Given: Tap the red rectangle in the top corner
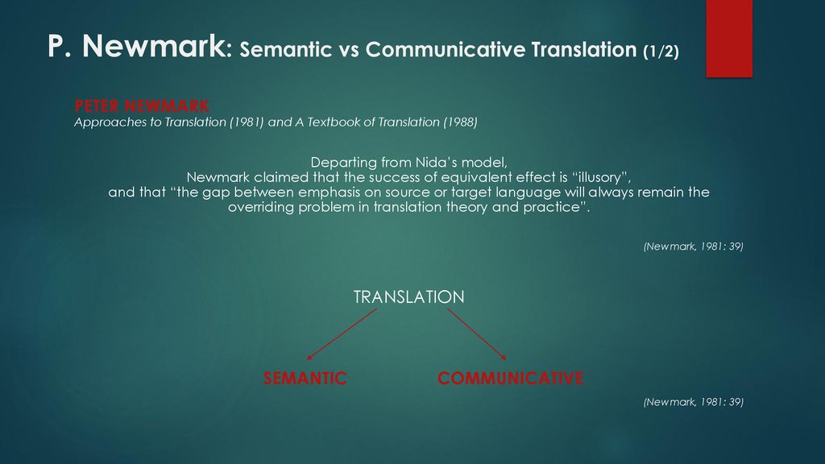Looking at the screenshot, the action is click(729, 39).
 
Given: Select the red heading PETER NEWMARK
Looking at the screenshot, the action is click(142, 106).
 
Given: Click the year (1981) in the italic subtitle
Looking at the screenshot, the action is click(247, 122).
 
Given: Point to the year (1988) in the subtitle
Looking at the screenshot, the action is click(460, 122).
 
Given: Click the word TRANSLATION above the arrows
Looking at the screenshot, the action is click(408, 297).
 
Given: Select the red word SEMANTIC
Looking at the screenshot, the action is click(305, 379).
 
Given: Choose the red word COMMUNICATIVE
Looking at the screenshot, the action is click(510, 379).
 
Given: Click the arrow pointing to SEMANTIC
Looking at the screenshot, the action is click(342, 334).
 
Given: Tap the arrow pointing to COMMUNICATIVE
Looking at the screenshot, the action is click(477, 334).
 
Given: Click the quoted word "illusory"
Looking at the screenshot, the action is click(601, 177).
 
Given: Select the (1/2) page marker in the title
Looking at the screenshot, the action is click(661, 51).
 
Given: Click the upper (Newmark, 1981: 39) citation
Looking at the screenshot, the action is click(694, 246).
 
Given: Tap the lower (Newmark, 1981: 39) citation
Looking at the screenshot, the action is click(694, 402).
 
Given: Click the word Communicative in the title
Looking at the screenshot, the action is click(445, 49).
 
